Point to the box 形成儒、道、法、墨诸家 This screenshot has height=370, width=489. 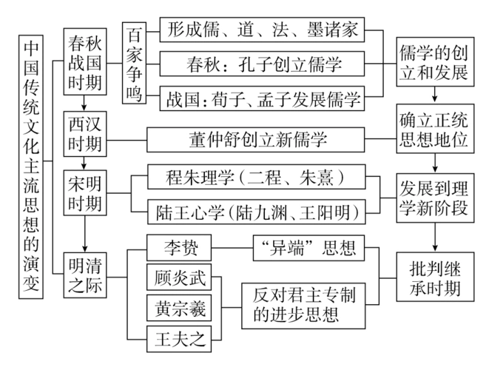click(x=262, y=30)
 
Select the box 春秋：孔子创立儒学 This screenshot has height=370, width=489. click(x=262, y=64)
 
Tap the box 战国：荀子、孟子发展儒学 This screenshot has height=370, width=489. click(x=262, y=98)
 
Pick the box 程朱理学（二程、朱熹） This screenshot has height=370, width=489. click(x=256, y=178)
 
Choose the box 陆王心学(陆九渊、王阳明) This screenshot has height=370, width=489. click(x=256, y=212)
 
